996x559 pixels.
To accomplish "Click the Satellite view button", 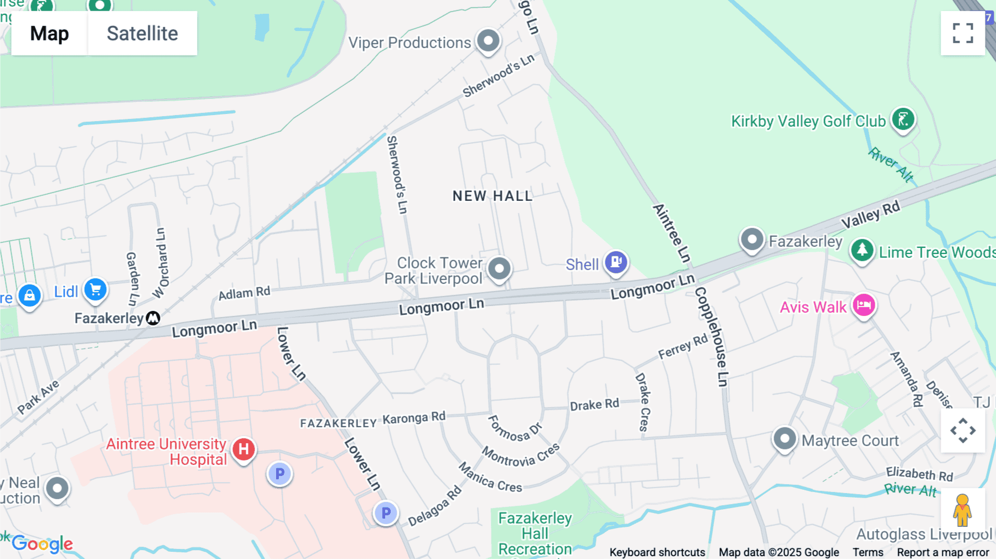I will pos(142,33).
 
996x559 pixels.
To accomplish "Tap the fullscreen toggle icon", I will pos(963,33).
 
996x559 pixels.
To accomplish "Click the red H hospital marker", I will pos(243,449).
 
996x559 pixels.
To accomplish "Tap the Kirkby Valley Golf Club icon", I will pos(903,120).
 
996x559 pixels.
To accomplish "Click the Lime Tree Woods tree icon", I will pos(862,250).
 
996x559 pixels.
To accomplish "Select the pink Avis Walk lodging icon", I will pos(864,305).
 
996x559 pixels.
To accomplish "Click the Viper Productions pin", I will pos(489,40).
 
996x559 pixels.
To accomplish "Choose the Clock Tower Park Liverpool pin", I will pos(499,268).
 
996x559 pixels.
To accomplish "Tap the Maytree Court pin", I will pos(785,439).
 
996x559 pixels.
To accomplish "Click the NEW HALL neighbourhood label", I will pos(492,196).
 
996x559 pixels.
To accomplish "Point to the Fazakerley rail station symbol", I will pos(153,318).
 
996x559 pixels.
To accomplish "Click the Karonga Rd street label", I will pos(414,418).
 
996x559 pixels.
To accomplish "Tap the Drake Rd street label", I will pos(594,405).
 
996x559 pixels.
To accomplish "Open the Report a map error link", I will pos(943,552).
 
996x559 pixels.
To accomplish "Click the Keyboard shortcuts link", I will pos(657,552).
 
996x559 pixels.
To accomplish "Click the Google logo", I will pos(43,544).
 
